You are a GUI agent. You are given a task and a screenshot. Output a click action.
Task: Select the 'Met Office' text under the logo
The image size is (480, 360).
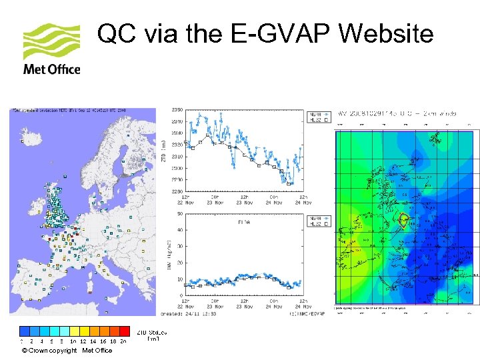(x=51, y=69)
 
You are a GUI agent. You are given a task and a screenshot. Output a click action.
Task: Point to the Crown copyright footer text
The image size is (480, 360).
(x=67, y=351)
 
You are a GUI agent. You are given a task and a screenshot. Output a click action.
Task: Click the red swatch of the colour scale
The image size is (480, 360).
(x=124, y=331)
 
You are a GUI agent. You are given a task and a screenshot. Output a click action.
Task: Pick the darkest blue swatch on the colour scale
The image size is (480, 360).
(x=25, y=331)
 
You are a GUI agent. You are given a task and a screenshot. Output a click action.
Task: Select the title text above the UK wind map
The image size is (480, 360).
(x=399, y=114)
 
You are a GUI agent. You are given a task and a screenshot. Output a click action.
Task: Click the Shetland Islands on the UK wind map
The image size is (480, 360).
(x=437, y=139)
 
